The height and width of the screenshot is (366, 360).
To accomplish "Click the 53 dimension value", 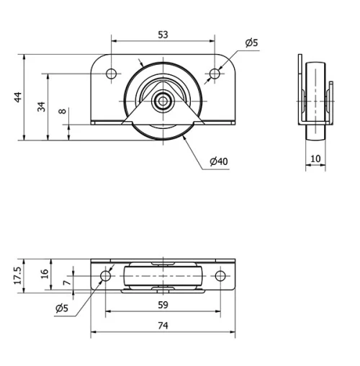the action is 163,35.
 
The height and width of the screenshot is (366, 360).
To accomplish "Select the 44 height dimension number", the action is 18,97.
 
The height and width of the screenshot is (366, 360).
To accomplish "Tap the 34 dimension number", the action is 42,107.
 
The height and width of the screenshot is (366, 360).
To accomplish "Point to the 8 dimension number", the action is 63,111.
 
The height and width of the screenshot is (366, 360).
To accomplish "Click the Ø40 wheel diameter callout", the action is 219,161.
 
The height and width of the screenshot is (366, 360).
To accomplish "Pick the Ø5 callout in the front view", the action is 251,43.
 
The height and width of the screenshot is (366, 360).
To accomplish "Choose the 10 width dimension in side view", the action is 315,159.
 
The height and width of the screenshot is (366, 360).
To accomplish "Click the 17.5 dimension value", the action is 18,276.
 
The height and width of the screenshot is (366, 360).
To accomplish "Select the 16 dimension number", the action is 45,274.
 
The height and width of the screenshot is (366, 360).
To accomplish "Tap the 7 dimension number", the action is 67,282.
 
